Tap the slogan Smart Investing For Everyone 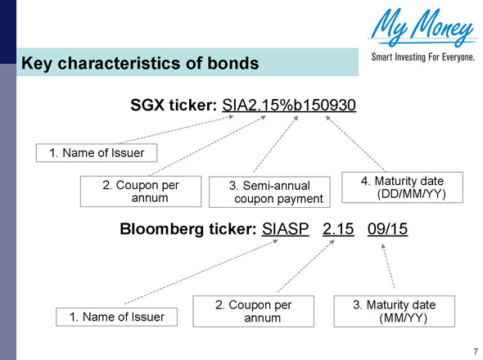coord(422,60)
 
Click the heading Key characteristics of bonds coord(139,63)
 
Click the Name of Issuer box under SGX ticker coord(97,152)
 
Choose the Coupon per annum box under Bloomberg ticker coord(253,312)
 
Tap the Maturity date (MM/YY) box coord(392,312)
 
